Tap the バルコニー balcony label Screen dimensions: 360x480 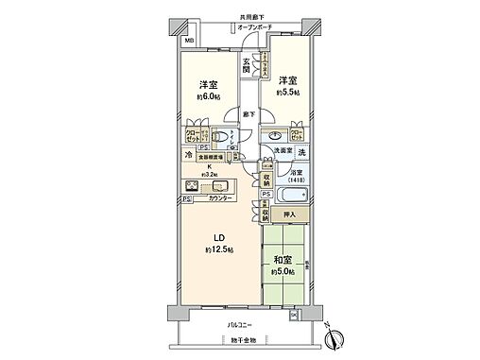click(x=245, y=324)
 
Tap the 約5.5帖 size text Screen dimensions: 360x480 click(x=288, y=92)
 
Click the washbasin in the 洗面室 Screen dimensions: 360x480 click(x=275, y=135)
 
